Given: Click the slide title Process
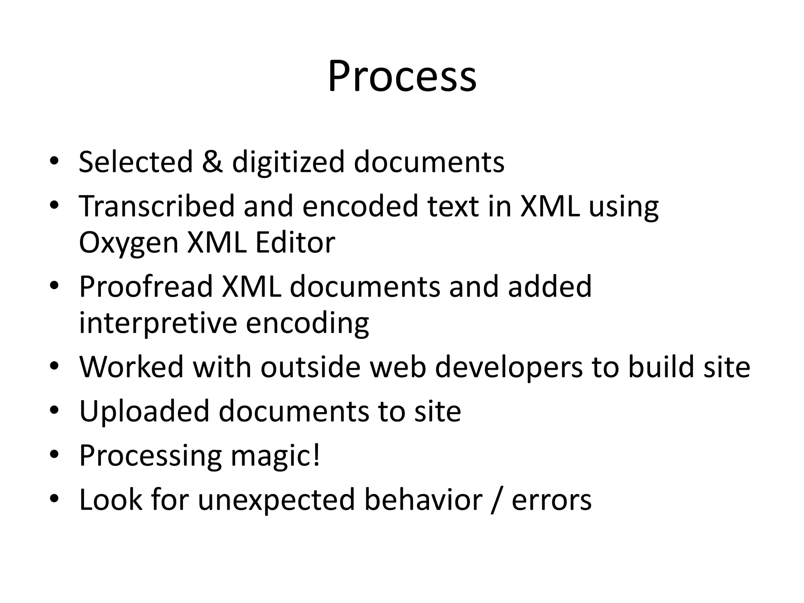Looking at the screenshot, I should tap(402, 76).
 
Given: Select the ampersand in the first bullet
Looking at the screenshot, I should tap(212, 162).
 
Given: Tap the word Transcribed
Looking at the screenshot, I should tap(157, 206).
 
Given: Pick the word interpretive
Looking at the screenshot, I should tap(158, 323).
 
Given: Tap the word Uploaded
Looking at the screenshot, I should tap(144, 411).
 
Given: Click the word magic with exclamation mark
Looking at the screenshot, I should tap(275, 456).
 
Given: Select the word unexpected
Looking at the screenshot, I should tap(276, 500).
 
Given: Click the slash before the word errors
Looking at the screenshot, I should tap(497, 500).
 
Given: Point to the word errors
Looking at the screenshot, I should tap(552, 500).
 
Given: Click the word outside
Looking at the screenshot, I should tap(310, 367).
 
